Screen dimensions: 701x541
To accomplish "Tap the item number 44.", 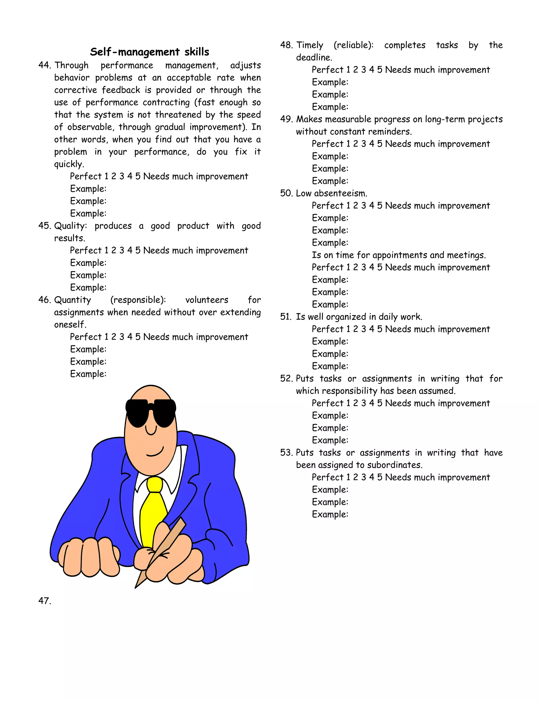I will [44, 65].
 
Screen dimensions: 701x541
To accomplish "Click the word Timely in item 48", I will [310, 45].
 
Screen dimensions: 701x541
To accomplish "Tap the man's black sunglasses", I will [151, 412].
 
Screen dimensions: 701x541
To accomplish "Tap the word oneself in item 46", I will [70, 325].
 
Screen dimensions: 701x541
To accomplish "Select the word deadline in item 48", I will [314, 57].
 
